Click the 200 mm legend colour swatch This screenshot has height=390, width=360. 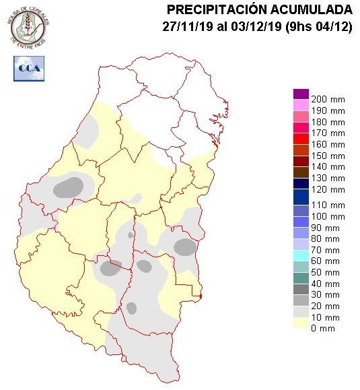[x=301, y=94]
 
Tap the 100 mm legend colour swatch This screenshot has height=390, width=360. [x=301, y=217]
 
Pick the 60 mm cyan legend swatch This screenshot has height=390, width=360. [x=301, y=256]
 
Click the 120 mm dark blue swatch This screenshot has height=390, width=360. [x=301, y=191]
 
